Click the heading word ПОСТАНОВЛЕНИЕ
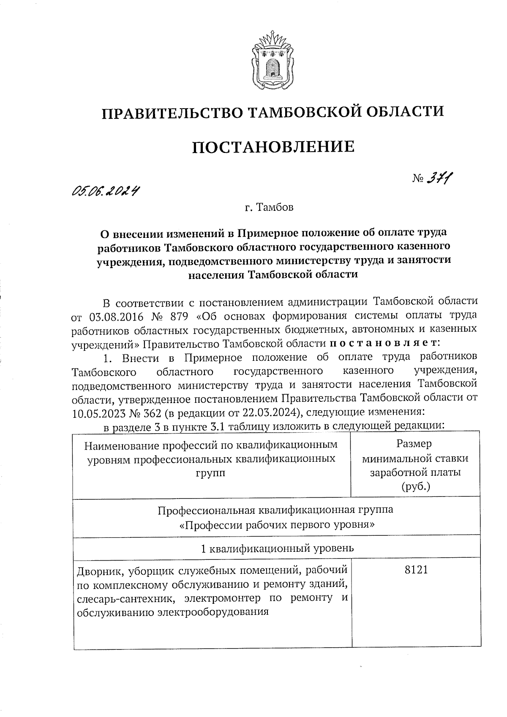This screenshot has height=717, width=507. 273,147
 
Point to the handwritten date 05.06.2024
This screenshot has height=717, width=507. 106,192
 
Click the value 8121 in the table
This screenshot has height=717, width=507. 416,570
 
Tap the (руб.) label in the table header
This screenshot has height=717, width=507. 416,486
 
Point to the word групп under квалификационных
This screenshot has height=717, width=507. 211,473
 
